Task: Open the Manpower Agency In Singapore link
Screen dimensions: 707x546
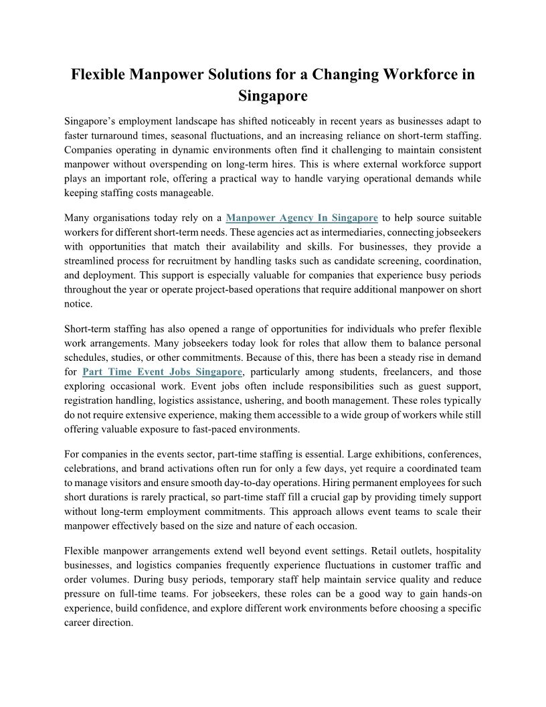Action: [302, 218]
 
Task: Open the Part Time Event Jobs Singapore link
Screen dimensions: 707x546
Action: [162, 372]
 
